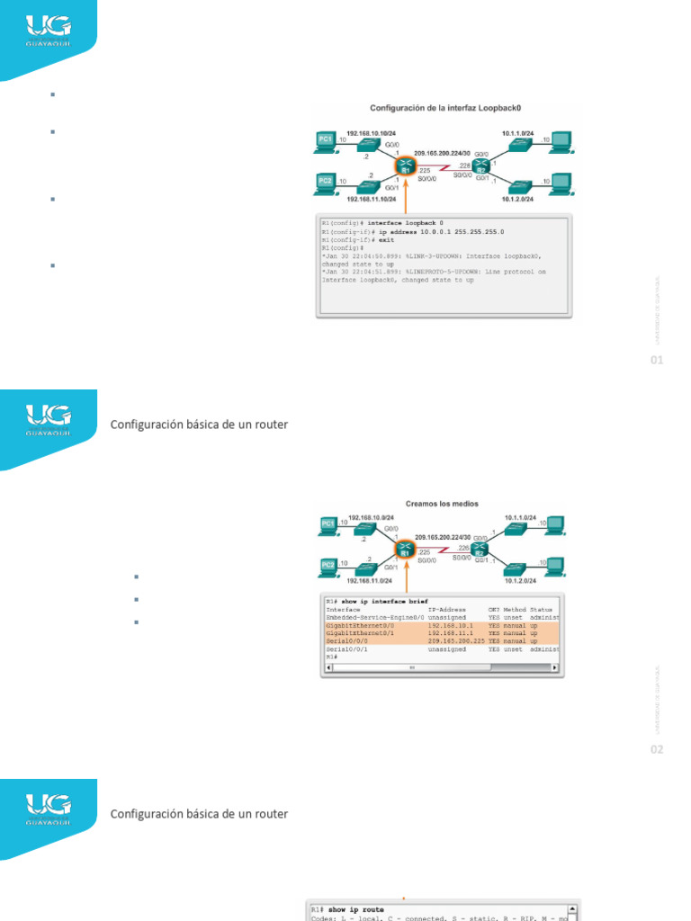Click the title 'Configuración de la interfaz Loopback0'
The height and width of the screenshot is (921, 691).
point(446,107)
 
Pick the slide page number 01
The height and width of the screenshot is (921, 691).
point(657,361)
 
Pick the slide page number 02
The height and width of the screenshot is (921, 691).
point(657,749)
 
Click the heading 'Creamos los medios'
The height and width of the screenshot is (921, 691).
point(443,505)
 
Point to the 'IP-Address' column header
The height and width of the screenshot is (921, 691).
point(446,609)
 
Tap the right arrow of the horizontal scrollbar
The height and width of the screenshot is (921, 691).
point(554,667)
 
